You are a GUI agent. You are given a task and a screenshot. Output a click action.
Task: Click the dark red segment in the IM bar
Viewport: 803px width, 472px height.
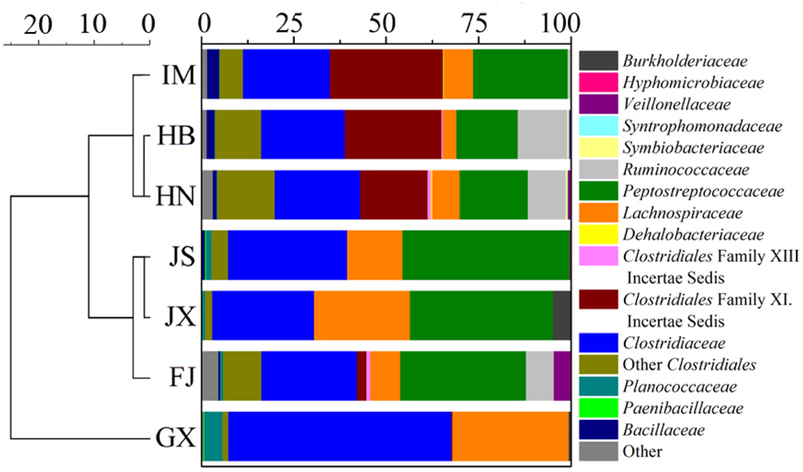386,74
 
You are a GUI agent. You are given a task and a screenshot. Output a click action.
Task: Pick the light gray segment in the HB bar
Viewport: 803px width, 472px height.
542,134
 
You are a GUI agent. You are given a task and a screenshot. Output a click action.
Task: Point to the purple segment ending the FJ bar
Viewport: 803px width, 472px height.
562,376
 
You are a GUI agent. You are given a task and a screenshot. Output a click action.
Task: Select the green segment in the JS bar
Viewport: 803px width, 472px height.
486,254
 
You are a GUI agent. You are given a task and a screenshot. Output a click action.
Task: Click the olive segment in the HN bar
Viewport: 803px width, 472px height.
246,194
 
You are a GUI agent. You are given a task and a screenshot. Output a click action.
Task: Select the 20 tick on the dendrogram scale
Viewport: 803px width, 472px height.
38,24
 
